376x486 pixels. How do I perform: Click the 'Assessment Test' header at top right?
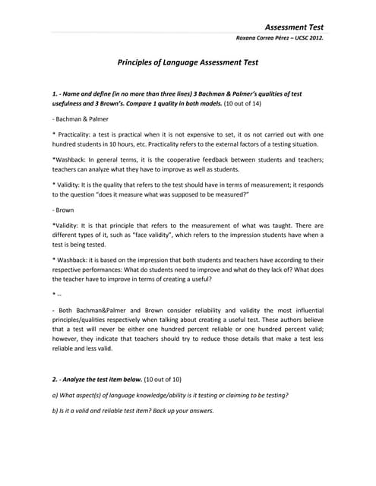(x=295, y=26)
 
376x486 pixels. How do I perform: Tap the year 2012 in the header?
(x=314, y=38)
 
